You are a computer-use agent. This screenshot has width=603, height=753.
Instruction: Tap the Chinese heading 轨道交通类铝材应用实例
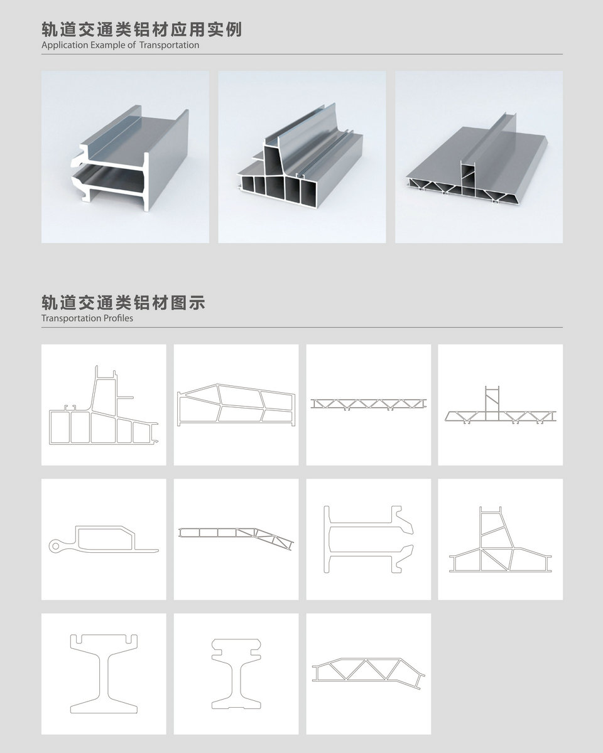tap(141, 29)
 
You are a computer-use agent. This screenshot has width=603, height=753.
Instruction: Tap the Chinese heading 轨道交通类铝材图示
tap(123, 302)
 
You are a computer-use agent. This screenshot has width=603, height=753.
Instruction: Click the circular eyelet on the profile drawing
tap(55, 545)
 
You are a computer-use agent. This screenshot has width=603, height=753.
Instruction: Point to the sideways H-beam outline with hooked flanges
tap(368, 539)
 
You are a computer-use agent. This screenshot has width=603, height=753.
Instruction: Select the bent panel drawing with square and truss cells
tap(236, 538)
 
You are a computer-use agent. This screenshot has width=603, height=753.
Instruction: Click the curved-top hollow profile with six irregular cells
tap(236, 405)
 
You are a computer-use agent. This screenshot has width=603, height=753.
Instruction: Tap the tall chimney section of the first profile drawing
tap(104, 390)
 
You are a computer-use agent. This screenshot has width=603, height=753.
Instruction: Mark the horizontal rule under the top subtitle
tap(302, 54)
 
